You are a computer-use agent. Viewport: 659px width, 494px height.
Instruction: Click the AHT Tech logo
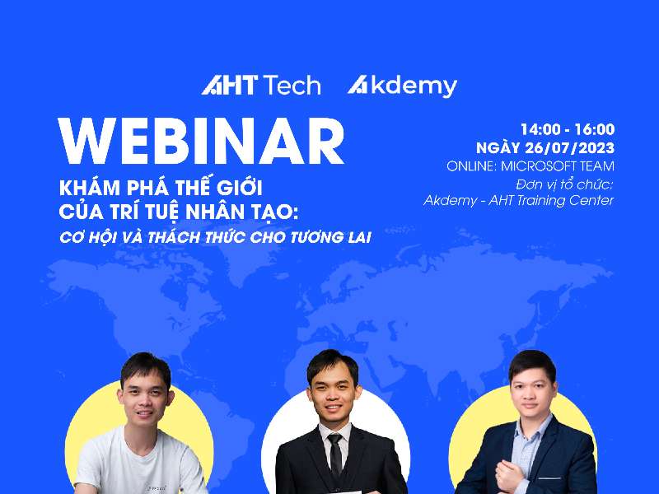260,86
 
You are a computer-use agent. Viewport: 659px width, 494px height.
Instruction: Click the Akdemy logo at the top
402,86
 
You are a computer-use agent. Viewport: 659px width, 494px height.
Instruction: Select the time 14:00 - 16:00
567,129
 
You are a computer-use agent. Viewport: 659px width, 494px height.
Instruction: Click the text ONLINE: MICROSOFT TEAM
530,166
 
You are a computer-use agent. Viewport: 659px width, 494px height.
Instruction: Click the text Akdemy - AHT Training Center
518,201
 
